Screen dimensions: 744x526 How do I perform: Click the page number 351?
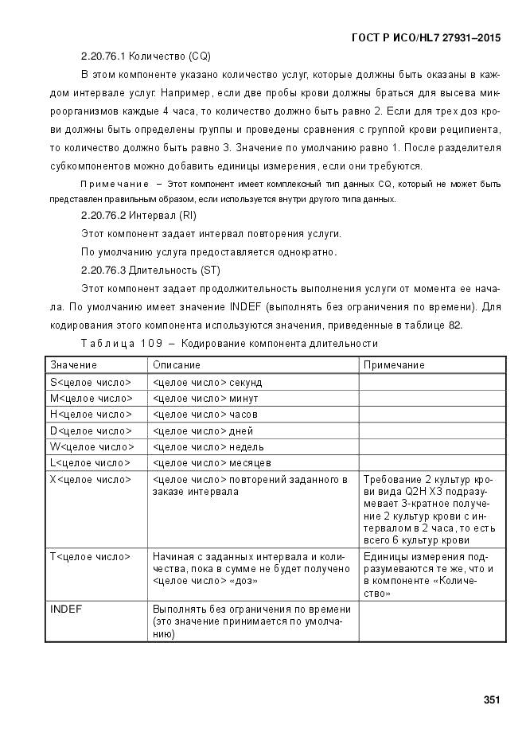pos(491,700)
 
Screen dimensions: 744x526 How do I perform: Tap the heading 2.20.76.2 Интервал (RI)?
pos(138,216)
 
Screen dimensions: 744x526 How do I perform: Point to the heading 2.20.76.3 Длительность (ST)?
pos(150,270)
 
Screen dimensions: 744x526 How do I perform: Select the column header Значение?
pos(74,364)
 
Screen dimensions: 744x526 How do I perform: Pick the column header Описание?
pos(177,364)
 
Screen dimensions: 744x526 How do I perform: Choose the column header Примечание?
pos(394,364)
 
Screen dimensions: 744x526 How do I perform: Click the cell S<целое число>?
pos(91,383)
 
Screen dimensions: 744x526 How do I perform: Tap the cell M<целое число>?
pos(92,399)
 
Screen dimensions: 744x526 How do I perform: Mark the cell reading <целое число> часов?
pos(205,415)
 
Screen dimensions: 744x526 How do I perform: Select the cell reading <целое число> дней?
pos(203,431)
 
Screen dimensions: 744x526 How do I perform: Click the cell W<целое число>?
pos(92,447)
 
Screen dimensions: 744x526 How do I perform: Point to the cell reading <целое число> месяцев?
pos(212,463)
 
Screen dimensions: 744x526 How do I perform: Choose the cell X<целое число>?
pos(91,480)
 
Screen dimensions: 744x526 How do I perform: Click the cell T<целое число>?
pos(91,556)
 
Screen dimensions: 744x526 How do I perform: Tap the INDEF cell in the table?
pos(67,609)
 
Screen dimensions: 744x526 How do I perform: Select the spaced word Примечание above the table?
pos(114,185)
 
